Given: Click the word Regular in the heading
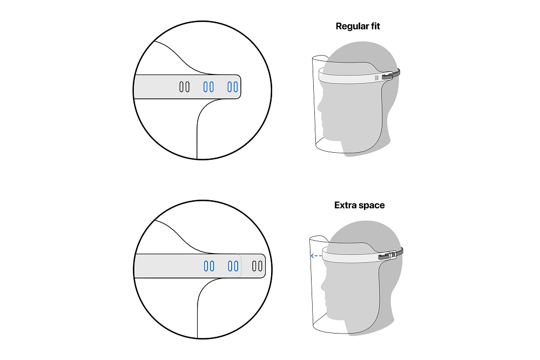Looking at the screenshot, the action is pos(350,26).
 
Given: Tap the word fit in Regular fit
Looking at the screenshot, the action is pos(374,26).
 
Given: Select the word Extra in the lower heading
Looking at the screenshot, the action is pos(346,205).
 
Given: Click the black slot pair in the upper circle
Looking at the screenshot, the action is pos(184,87).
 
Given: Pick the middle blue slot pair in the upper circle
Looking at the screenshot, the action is pos(208,87).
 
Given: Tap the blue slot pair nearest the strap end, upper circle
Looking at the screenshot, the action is pos(232,87).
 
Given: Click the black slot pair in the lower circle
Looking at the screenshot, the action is pos(257,266).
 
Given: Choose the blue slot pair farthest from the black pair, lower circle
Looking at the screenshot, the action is pos(209,266).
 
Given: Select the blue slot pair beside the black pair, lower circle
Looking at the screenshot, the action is pos(233,266).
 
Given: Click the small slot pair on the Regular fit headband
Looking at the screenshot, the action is pos(377,78).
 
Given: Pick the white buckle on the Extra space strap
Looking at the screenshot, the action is pos(393,255).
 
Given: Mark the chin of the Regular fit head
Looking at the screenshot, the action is pos(328,136).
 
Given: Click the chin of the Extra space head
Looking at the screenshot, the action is pos(332,315).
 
